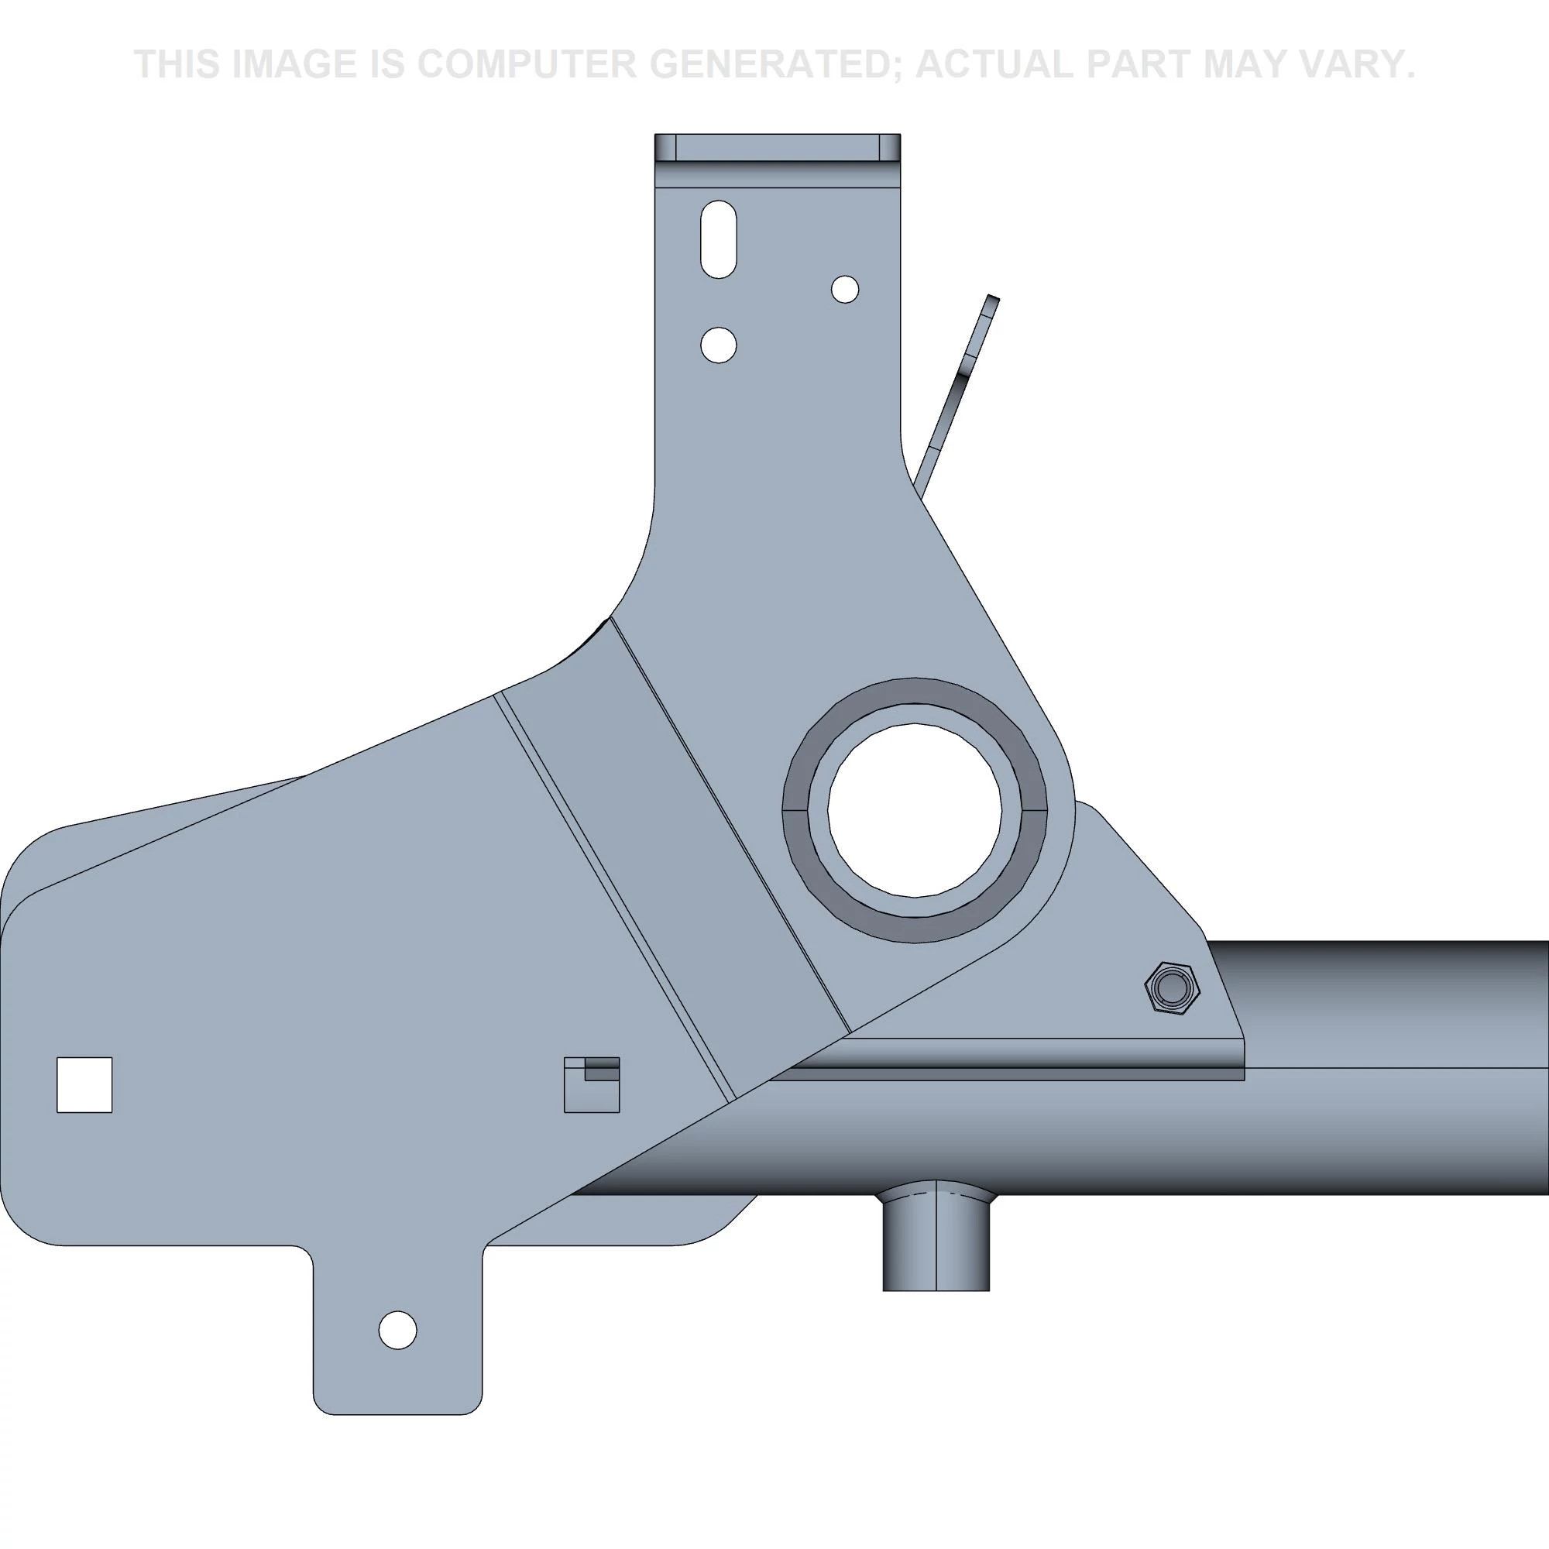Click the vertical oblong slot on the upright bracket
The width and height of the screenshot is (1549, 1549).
click(719, 239)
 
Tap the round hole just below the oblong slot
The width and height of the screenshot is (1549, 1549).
click(719, 345)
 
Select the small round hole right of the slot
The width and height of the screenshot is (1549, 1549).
click(845, 289)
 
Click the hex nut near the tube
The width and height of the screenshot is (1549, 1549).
click(1171, 987)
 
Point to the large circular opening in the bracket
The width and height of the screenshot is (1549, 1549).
click(914, 809)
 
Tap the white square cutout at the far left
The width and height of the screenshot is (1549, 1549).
click(84, 1085)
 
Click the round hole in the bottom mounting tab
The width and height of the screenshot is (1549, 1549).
click(397, 1330)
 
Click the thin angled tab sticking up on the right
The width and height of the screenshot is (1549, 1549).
click(962, 385)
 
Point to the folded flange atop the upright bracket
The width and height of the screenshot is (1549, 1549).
click(777, 149)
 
